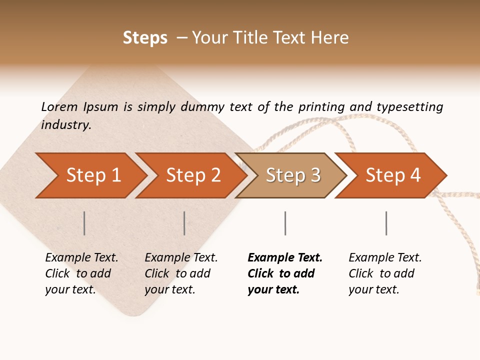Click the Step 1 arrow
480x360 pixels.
click(x=93, y=175)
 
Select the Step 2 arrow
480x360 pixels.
click(x=193, y=175)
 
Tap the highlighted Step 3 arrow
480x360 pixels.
click(x=293, y=175)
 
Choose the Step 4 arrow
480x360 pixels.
click(x=393, y=175)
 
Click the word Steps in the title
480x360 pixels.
click(x=145, y=38)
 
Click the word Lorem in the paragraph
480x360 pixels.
click(x=59, y=107)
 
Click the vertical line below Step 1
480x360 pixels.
click(x=84, y=223)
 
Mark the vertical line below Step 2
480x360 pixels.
click(x=184, y=223)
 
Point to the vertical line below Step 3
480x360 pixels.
click(x=285, y=223)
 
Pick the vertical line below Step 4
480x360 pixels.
click(x=386, y=223)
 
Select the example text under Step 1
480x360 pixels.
click(x=81, y=273)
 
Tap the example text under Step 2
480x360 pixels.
click(x=181, y=273)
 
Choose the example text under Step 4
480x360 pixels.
click(x=385, y=273)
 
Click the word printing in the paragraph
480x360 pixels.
click(x=321, y=107)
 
